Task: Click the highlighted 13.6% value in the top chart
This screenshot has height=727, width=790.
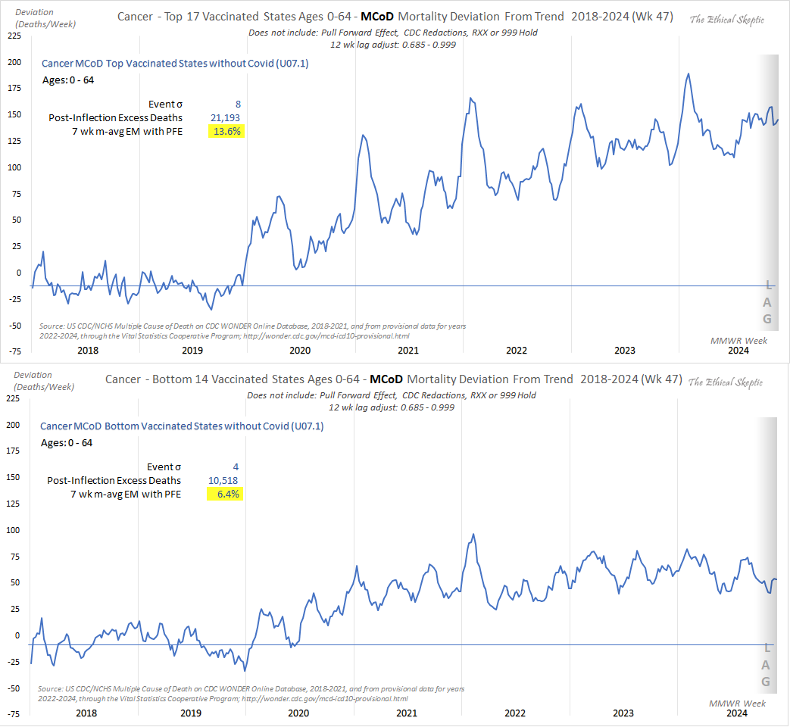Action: [x=226, y=131]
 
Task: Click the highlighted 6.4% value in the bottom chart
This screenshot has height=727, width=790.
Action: [x=225, y=495]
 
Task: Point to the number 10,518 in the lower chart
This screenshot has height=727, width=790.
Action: [x=223, y=480]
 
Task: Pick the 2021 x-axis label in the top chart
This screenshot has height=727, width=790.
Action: [x=408, y=350]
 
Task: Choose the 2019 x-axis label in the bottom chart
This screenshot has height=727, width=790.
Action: [x=192, y=713]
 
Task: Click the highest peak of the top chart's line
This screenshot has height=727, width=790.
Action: [x=688, y=73]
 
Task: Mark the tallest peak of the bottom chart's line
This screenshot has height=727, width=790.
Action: [x=473, y=534]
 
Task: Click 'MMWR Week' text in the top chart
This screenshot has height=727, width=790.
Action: [x=738, y=341]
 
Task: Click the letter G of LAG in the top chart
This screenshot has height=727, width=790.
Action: [x=767, y=319]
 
